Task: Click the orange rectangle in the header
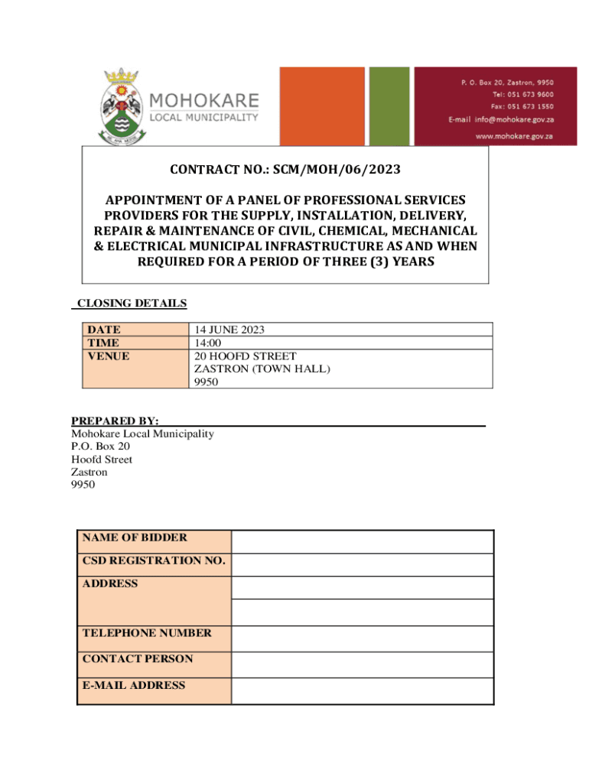[322, 106]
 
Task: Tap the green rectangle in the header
[389, 106]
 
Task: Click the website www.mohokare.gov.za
[514, 135]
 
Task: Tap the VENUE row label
[108, 356]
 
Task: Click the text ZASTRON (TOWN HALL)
[262, 369]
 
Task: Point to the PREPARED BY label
[115, 421]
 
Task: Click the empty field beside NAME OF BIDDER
[363, 541]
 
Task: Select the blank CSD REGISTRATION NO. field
[363, 564]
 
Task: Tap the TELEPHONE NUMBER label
[147, 633]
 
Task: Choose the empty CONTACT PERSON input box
[363, 664]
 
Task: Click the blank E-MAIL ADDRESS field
[363, 690]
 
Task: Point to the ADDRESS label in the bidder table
[110, 583]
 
